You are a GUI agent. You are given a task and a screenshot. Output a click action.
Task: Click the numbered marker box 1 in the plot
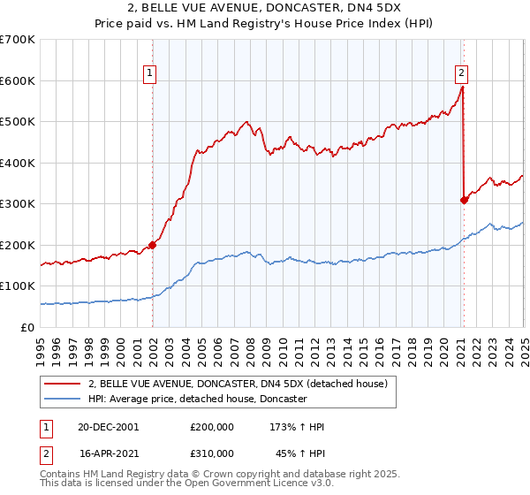pyautogui.click(x=151, y=74)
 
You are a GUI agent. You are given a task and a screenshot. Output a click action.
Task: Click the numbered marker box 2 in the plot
pyautogui.click(x=462, y=74)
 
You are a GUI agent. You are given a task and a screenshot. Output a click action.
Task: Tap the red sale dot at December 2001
pyautogui.click(x=152, y=245)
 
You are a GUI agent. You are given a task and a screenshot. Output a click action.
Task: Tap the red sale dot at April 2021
pyautogui.click(x=464, y=200)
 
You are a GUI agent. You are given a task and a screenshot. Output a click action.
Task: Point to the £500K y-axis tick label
pyautogui.click(x=18, y=122)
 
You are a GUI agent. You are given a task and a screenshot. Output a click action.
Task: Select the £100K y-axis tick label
pyautogui.click(x=18, y=286)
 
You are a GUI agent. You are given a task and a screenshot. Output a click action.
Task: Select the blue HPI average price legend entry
pyautogui.click(x=197, y=400)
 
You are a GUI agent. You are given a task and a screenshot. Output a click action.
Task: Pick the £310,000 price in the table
pyautogui.click(x=212, y=453)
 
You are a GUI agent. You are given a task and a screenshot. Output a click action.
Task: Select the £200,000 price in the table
pyautogui.click(x=212, y=427)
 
